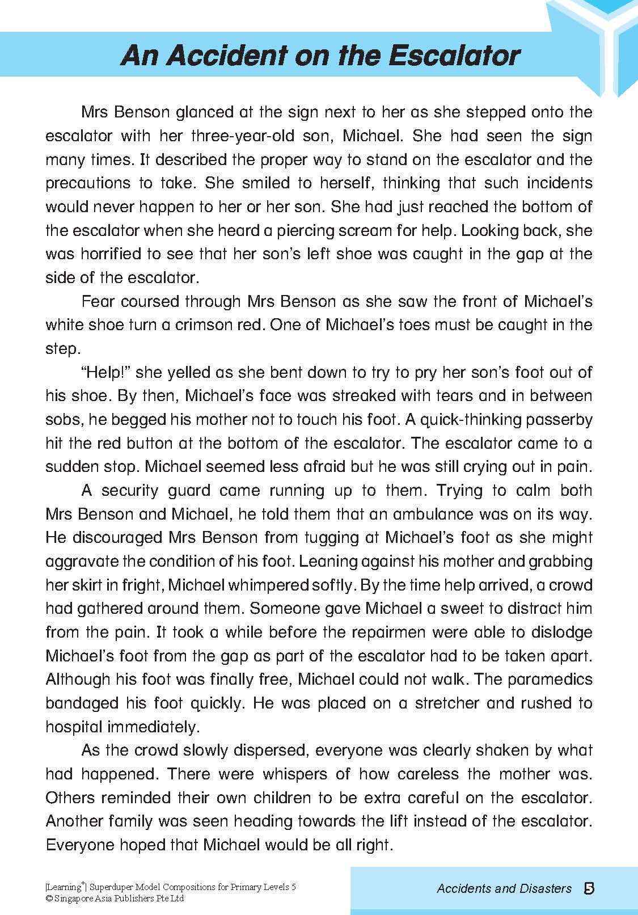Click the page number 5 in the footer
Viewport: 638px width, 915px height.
(x=588, y=888)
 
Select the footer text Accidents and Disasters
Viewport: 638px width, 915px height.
(x=504, y=889)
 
